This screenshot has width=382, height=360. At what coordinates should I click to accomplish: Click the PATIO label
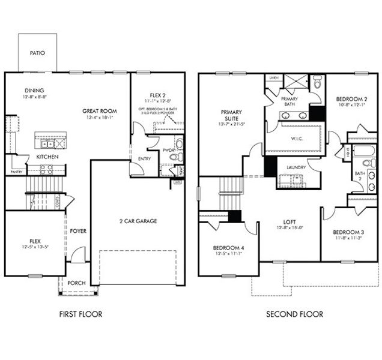pyautogui.click(x=37, y=53)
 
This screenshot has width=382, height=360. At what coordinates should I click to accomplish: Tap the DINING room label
pyautogui.click(x=34, y=91)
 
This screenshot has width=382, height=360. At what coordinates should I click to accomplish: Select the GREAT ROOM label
pyautogui.click(x=100, y=111)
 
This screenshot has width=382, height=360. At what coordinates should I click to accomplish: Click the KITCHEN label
pyautogui.click(x=47, y=156)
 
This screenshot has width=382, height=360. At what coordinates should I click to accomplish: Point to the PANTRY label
pyautogui.click(x=16, y=172)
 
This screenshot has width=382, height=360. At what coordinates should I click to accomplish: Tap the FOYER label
pyautogui.click(x=78, y=230)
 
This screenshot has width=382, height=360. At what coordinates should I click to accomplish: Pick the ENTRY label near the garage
pyautogui.click(x=144, y=159)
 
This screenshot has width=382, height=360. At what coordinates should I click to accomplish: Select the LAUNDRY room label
pyautogui.click(x=296, y=167)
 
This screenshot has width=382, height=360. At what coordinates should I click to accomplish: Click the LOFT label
pyautogui.click(x=288, y=221)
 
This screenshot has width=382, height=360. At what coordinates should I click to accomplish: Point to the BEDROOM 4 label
pyautogui.click(x=227, y=248)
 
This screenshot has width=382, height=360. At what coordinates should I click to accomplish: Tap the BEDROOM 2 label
pyautogui.click(x=351, y=99)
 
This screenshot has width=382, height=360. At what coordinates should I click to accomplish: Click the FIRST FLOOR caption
pyautogui.click(x=81, y=314)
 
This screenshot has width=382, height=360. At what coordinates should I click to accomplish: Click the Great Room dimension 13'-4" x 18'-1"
pyautogui.click(x=100, y=118)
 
